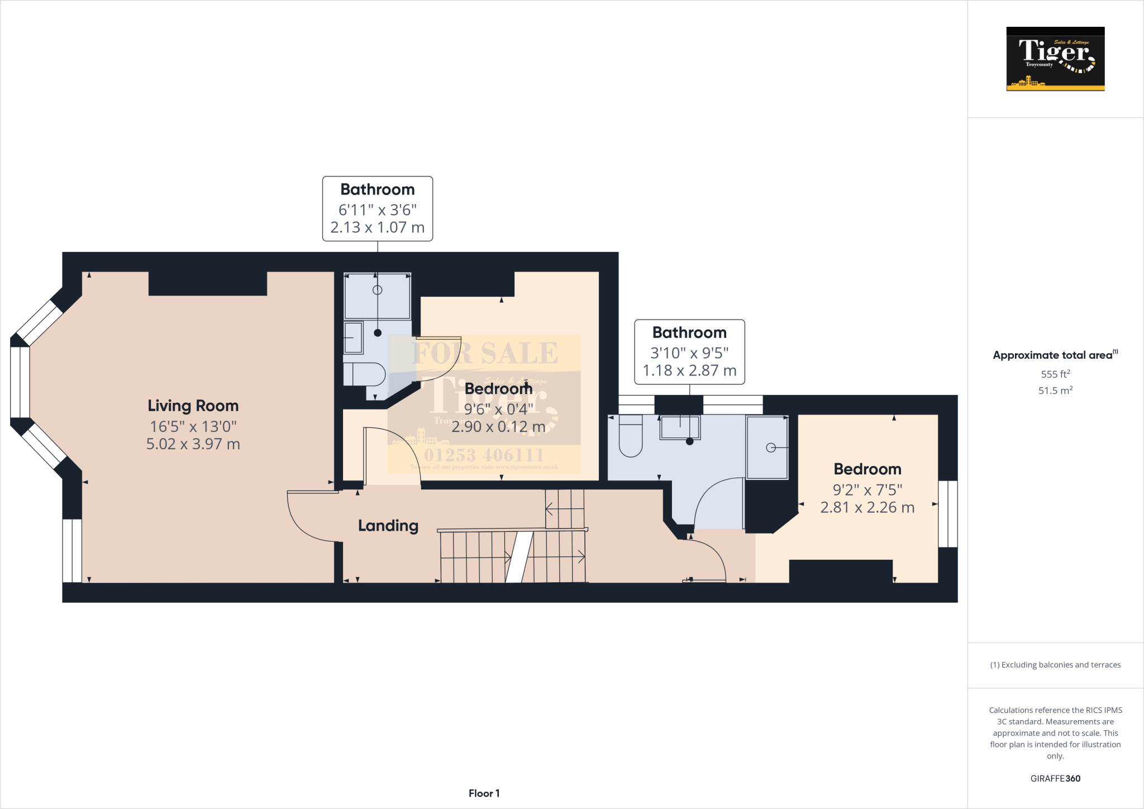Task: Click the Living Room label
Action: point(193,406)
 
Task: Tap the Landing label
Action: point(388,526)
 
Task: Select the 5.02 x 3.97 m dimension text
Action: point(193,444)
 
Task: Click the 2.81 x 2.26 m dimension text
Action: point(867,507)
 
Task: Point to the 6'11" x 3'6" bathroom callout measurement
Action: point(377,210)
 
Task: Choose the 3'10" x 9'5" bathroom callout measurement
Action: point(689,353)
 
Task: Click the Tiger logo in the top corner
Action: point(1055,59)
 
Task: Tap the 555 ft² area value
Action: point(1055,374)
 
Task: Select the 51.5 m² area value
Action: point(1055,391)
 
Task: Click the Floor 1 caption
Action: point(484,793)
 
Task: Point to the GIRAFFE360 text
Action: point(1055,778)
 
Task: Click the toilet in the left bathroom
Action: point(364,374)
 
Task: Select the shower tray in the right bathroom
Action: point(768,447)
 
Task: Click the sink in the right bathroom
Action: point(680,428)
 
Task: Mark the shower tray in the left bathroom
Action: point(377,296)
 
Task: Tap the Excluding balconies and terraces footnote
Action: point(1055,665)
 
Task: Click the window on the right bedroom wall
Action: point(947,514)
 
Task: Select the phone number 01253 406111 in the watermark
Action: point(484,455)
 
